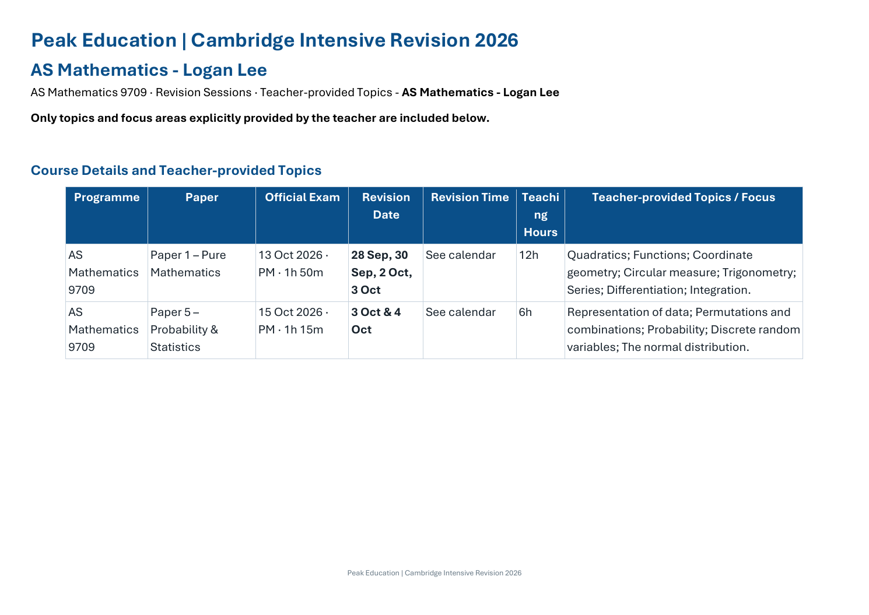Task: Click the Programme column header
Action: tap(107, 198)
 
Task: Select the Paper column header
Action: tap(202, 198)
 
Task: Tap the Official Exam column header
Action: tap(302, 198)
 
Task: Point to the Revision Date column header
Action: tap(386, 206)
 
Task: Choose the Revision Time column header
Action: tap(470, 198)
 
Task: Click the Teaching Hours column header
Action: tap(541, 215)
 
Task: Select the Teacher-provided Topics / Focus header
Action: tap(684, 198)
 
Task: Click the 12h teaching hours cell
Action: tap(529, 255)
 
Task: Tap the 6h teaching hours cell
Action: tap(525, 312)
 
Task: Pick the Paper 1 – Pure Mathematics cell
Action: tap(188, 263)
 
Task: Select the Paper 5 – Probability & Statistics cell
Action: tap(184, 329)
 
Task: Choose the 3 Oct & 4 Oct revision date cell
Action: tap(376, 321)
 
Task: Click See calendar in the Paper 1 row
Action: tap(461, 255)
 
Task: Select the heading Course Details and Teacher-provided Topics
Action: tap(176, 171)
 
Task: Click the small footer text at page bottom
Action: tap(434, 573)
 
